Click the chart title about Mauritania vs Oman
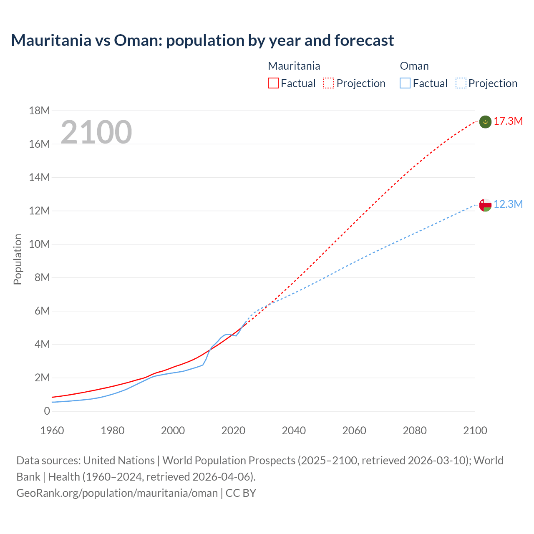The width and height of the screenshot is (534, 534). click(x=202, y=40)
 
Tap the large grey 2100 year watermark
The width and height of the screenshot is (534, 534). click(x=96, y=132)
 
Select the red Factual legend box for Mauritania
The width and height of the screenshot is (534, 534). click(x=273, y=83)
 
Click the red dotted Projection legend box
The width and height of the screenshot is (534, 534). click(x=329, y=83)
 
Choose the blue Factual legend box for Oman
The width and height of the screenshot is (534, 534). click(x=405, y=83)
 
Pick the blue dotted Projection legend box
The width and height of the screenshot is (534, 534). click(x=461, y=83)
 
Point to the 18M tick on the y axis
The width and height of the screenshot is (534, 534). click(x=40, y=111)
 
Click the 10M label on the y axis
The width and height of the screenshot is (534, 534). click(x=40, y=244)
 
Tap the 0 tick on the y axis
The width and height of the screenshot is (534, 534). click(x=47, y=411)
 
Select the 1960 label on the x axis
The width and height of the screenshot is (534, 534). click(x=52, y=431)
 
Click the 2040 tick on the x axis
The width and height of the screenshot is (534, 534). click(x=294, y=431)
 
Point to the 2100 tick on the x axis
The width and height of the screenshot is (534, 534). click(x=475, y=431)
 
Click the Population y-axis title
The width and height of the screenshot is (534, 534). click(x=18, y=259)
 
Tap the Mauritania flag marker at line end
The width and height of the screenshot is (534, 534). click(x=485, y=122)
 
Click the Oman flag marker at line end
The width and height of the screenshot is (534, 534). click(x=485, y=205)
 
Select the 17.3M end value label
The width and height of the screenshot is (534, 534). click(x=508, y=121)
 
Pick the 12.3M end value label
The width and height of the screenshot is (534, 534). click(x=508, y=204)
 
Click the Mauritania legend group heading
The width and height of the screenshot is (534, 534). click(x=294, y=66)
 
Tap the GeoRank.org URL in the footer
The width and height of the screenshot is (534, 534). click(x=117, y=493)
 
